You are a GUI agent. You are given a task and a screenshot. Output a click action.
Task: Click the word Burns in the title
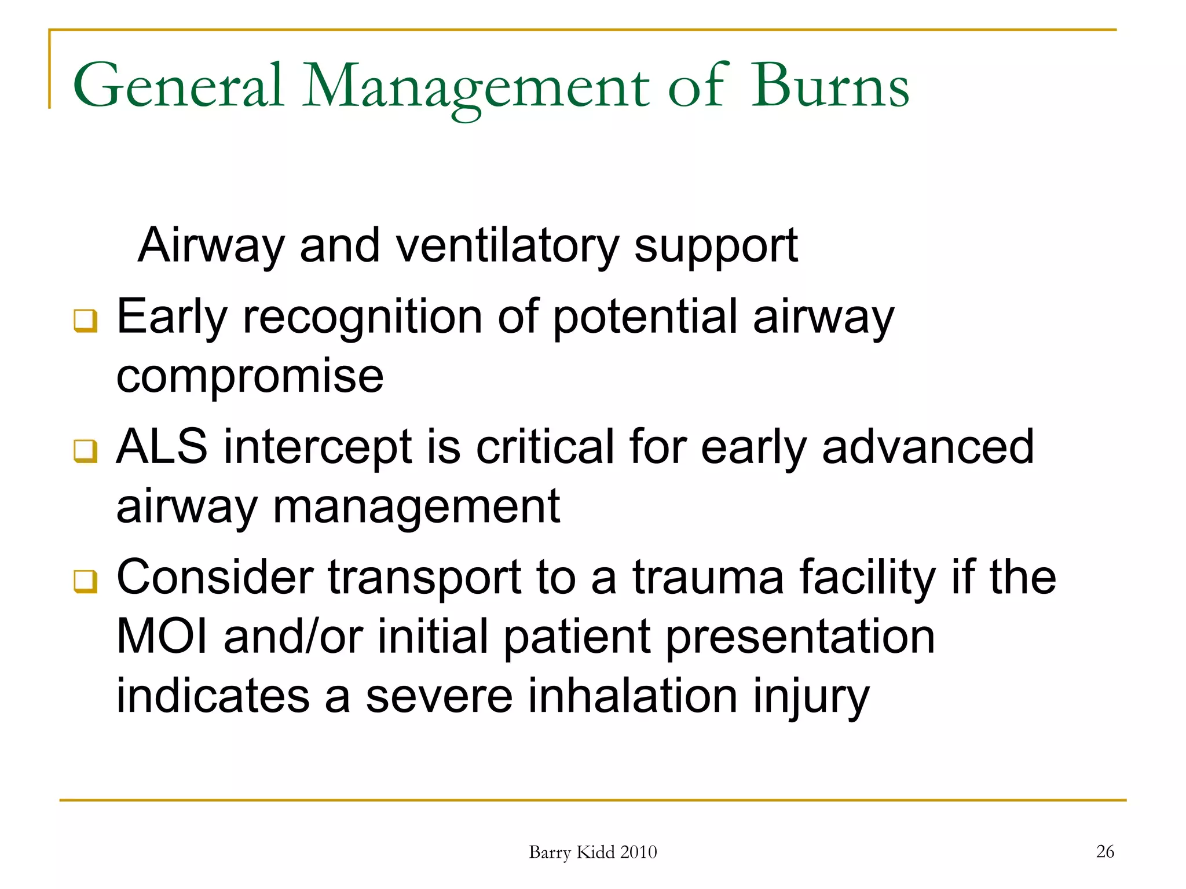[x=830, y=86]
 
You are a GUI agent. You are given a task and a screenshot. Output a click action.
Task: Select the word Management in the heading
[x=476, y=87]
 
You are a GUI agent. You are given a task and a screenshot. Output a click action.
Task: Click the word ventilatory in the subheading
[x=507, y=246]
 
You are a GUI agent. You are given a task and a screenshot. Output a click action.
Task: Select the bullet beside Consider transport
[x=86, y=581]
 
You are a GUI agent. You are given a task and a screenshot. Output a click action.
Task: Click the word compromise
[x=250, y=377]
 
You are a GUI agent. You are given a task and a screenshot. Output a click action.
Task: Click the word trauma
[x=708, y=577]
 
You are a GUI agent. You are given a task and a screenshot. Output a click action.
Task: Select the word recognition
[x=363, y=317]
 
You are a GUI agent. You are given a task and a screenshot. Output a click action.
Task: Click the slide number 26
[x=1105, y=851]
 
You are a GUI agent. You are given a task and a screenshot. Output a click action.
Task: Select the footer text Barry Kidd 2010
[x=592, y=852]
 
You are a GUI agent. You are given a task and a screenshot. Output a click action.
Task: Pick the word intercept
[x=318, y=447]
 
